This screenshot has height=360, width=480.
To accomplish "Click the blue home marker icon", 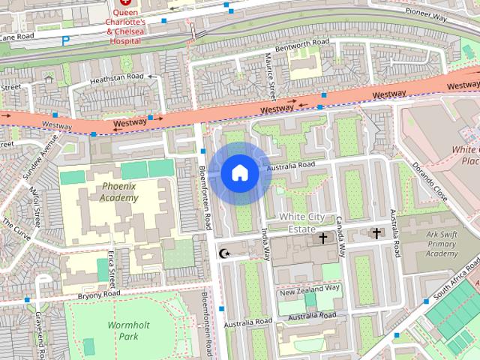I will pos(238,173).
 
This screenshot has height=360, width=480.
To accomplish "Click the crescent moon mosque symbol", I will pos(223,253).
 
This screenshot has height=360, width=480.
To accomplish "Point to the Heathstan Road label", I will pos(115,77).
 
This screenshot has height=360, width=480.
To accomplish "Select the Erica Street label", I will pos(112,268).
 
